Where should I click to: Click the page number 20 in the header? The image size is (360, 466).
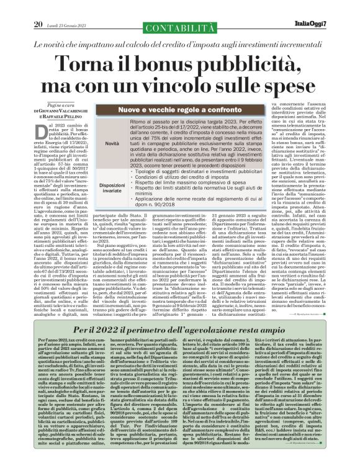[38, 7]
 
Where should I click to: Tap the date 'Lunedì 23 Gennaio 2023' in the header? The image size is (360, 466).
[68, 7]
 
